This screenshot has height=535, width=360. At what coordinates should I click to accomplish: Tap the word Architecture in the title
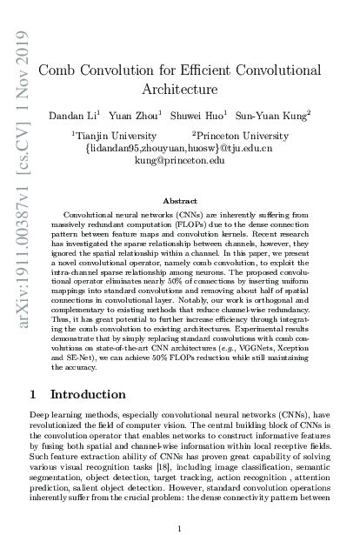point(179,89)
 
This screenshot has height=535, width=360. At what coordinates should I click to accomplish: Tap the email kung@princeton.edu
point(179,161)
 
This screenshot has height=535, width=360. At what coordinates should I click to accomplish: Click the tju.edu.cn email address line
point(179,149)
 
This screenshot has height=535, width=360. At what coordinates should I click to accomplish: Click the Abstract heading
point(179,199)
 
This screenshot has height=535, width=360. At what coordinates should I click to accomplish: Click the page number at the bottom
point(179,504)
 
